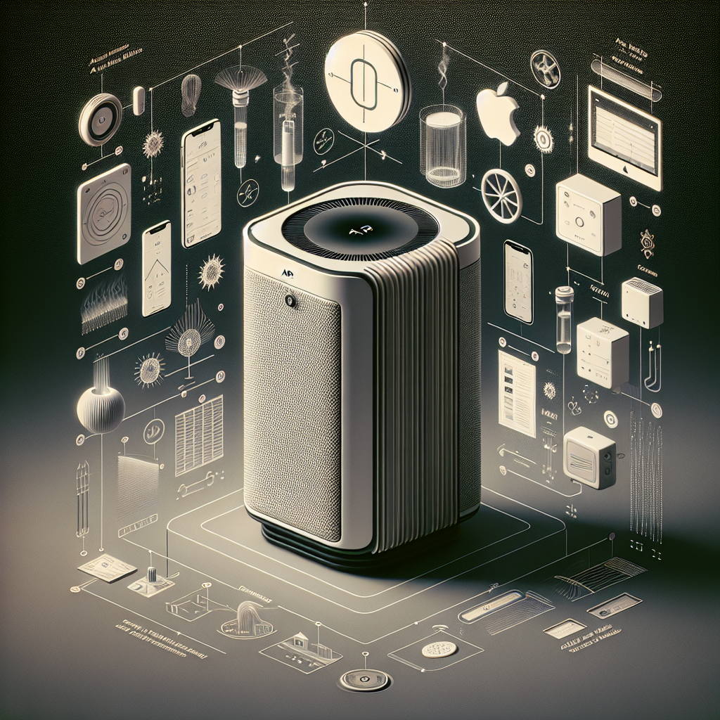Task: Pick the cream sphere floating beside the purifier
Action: click(101, 409)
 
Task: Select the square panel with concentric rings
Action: click(104, 213)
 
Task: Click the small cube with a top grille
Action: click(642, 302)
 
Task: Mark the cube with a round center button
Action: click(588, 215)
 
